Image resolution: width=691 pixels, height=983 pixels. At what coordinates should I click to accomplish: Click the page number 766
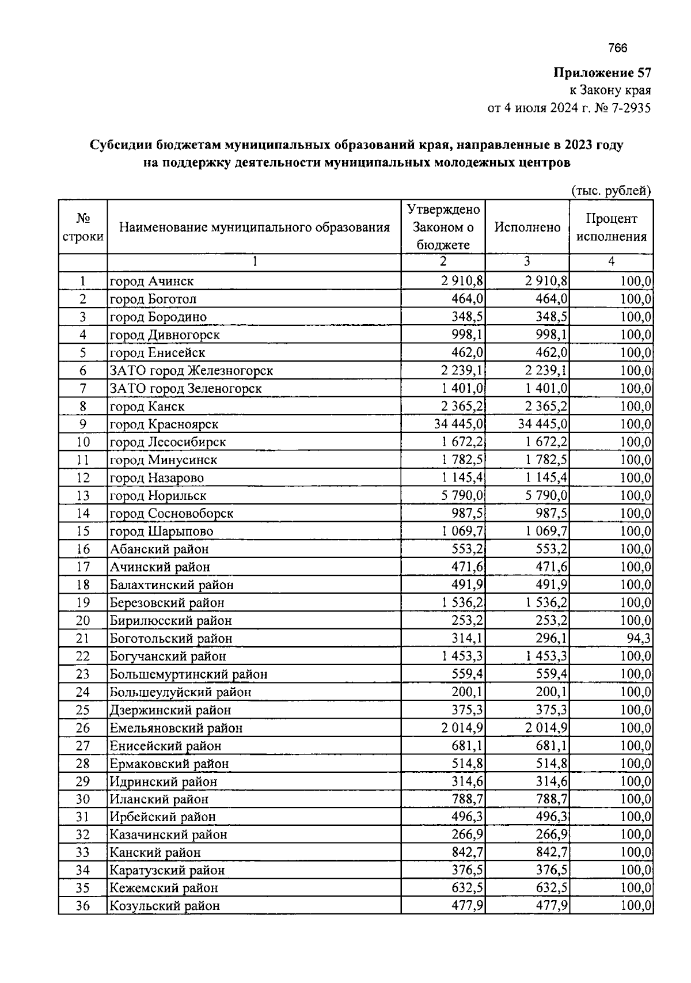pyautogui.click(x=617, y=48)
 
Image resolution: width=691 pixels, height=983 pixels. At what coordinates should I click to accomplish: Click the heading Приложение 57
pyautogui.click(x=602, y=73)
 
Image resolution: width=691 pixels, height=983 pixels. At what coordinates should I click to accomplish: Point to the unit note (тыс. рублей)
pyautogui.click(x=610, y=191)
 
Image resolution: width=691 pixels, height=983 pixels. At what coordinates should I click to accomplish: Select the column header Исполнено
pyautogui.click(x=527, y=227)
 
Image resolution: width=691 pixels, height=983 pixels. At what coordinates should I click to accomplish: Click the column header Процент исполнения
pyautogui.click(x=611, y=227)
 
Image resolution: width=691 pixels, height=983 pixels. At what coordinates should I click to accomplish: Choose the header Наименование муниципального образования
pyautogui.click(x=254, y=227)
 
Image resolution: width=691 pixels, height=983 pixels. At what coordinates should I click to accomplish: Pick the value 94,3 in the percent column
pyautogui.click(x=639, y=639)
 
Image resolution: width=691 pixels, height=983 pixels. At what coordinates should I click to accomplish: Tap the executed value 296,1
pyautogui.click(x=552, y=639)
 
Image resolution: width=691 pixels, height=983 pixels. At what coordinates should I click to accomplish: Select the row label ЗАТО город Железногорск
pyautogui.click(x=191, y=371)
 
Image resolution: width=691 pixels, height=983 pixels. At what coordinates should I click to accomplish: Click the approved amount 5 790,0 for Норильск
pyautogui.click(x=462, y=496)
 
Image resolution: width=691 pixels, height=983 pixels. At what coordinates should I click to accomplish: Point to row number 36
pyautogui.click(x=83, y=906)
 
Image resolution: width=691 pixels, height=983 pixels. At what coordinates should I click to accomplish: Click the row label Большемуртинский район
pyautogui.click(x=188, y=674)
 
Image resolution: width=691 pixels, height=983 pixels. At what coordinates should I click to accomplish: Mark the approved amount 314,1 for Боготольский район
pyautogui.click(x=468, y=639)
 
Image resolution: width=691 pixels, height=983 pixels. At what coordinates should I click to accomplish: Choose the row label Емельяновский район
pyautogui.click(x=176, y=728)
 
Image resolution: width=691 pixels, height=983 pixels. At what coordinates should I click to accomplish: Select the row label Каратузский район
pyautogui.click(x=167, y=870)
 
